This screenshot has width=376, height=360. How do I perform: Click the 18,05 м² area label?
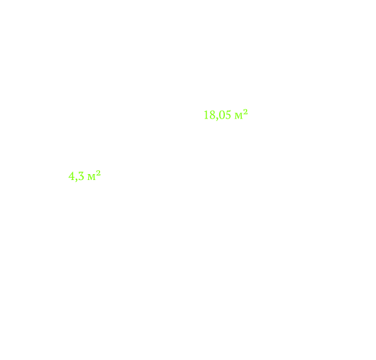coord(226,115)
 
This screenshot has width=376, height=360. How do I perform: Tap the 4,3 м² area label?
coord(84,176)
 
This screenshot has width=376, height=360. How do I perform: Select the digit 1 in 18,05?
coord(206,115)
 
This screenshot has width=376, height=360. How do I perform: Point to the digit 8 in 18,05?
coord(213,115)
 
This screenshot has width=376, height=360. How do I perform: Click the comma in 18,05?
coord(217,118)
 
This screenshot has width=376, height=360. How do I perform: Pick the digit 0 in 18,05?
coord(222,115)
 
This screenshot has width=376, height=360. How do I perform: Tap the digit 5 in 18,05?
coord(228,115)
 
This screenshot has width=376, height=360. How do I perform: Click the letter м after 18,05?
coord(239,117)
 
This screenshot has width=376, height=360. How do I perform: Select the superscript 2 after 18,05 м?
coord(245,112)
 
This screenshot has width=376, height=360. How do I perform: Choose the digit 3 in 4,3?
coord(81,176)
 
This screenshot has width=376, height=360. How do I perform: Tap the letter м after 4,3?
coord(92,177)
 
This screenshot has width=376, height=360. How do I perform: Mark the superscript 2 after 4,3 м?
coord(98,173)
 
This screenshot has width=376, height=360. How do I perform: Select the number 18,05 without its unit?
coord(217,115)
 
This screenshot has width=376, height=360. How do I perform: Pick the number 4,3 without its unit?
coord(77,177)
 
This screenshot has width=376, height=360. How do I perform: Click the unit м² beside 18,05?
coord(241,115)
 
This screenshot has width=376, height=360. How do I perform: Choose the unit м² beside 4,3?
coord(94,175)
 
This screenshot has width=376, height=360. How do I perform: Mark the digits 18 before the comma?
coord(210,115)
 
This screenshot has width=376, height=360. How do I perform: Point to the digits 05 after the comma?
coord(225,115)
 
